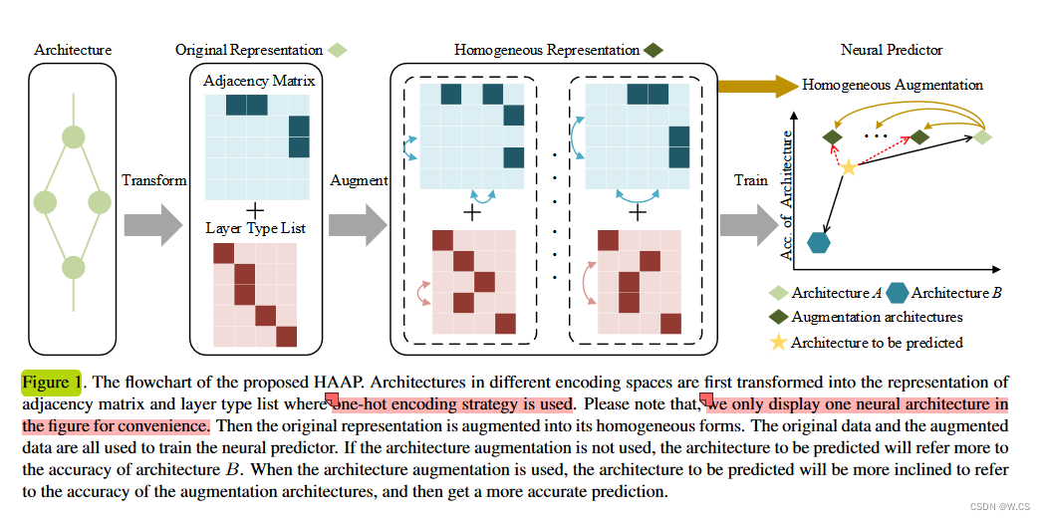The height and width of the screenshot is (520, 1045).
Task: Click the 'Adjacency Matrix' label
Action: [258, 81]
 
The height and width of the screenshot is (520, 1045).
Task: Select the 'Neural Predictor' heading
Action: [891, 50]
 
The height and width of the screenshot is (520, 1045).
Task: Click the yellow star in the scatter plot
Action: [848, 167]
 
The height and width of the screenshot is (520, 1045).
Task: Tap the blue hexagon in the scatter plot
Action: [819, 241]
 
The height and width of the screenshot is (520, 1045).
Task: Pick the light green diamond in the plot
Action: [982, 136]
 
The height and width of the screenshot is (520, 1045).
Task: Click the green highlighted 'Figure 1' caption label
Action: [51, 383]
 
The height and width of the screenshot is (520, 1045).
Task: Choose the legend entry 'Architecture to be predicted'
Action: [877, 342]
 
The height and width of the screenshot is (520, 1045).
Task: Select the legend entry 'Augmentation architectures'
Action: [877, 317]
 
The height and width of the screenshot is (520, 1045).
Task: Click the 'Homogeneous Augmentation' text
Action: [892, 85]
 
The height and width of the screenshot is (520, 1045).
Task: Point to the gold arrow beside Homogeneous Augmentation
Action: [757, 86]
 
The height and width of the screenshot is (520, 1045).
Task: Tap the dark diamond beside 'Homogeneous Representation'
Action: [653, 50]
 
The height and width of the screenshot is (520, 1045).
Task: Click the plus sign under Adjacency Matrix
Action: [255, 210]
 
